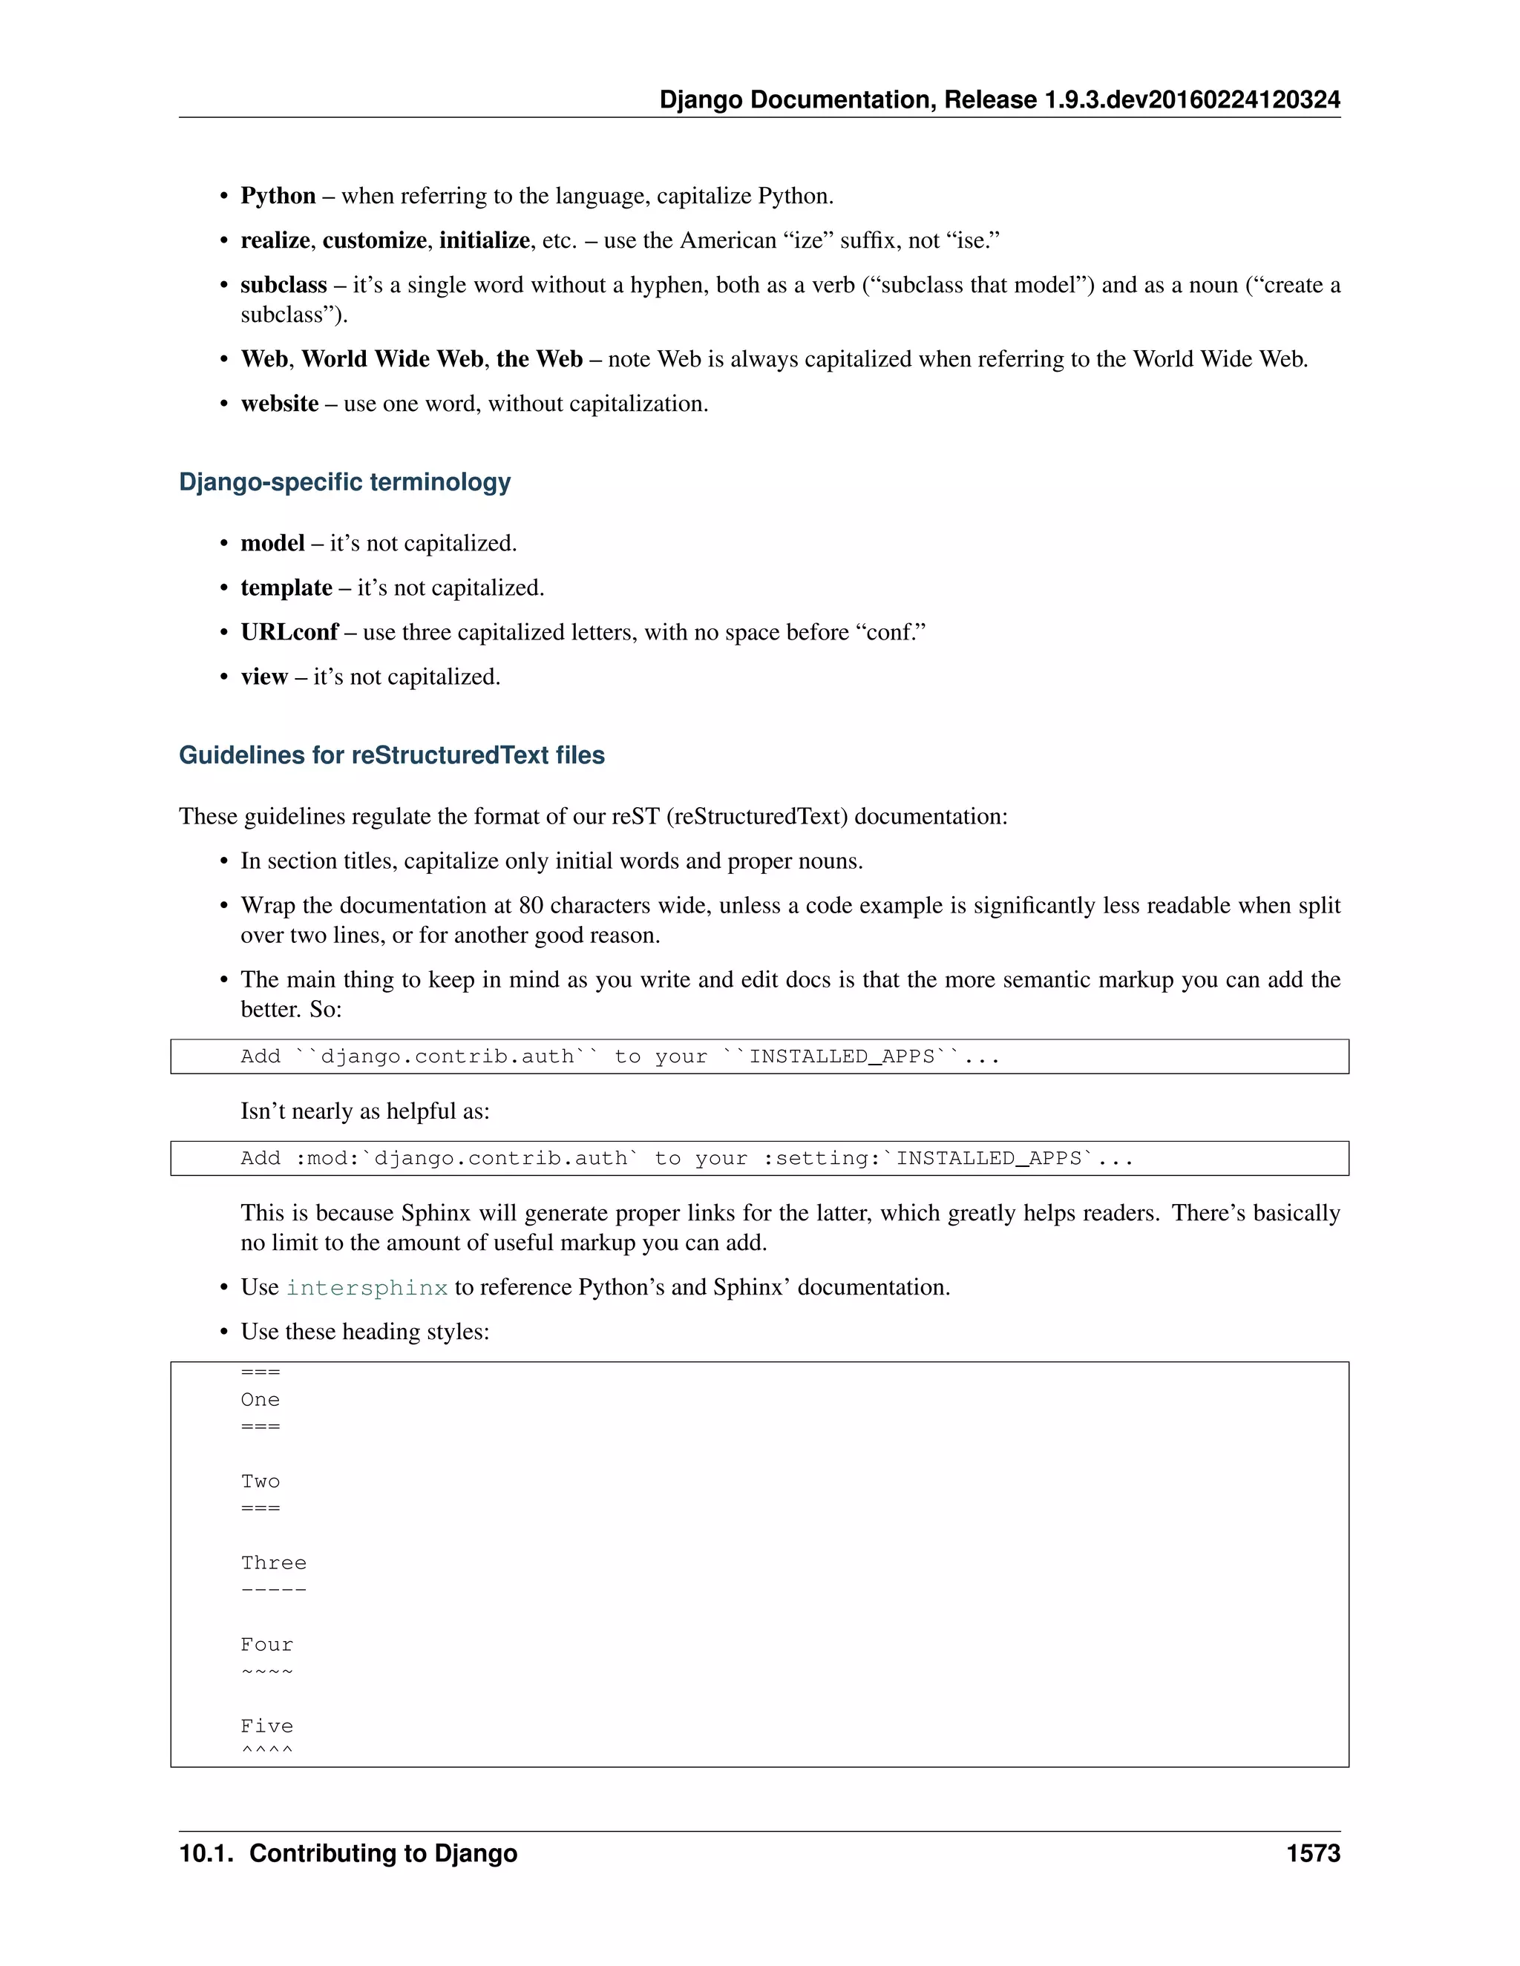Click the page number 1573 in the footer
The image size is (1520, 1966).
pos(1313,1852)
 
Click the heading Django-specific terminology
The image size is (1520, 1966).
pos(345,481)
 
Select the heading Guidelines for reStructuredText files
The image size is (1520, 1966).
pos(392,754)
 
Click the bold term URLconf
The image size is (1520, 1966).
pos(289,632)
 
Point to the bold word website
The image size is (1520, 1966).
pos(279,404)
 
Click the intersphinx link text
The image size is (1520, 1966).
pos(367,1287)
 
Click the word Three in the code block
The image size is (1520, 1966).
pos(274,1562)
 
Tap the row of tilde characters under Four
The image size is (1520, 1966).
pos(267,1671)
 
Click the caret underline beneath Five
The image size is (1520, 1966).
pos(267,1750)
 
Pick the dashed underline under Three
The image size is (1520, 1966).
pos(274,1590)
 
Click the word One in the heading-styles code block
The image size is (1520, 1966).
pos(261,1400)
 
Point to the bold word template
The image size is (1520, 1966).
pos(286,588)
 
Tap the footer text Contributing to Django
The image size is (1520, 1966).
pos(383,1852)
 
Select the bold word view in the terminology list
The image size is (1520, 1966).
pos(263,677)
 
